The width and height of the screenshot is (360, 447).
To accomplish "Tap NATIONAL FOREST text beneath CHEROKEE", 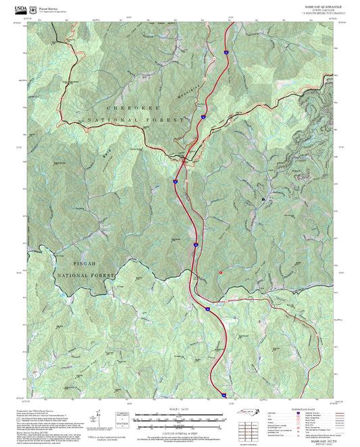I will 135,120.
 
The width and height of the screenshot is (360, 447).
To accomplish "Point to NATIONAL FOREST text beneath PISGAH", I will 86,276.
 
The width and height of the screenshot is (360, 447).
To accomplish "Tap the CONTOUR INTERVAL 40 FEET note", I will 180,432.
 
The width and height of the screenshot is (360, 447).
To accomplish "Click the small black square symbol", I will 263,201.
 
